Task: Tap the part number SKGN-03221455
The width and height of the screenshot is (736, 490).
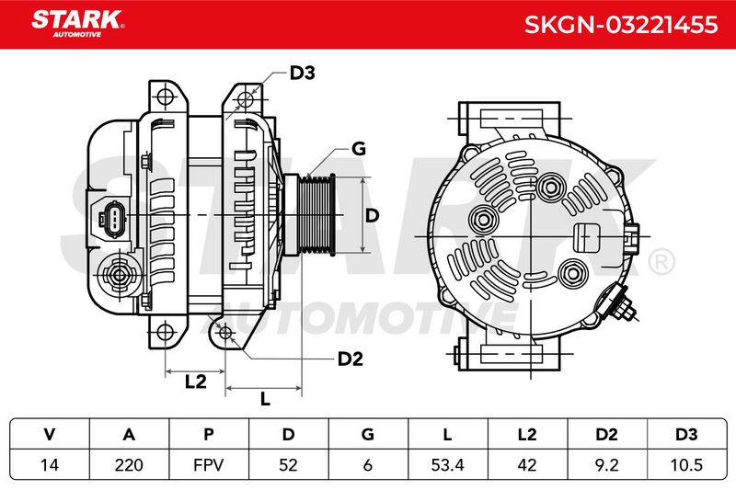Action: (620, 25)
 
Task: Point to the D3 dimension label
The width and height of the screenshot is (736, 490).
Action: (302, 73)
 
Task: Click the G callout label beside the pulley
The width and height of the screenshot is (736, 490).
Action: (358, 149)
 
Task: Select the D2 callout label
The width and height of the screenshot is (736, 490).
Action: (351, 359)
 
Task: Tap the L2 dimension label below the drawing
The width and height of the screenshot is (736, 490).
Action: (196, 382)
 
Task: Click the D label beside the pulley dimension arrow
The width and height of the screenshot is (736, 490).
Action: (372, 215)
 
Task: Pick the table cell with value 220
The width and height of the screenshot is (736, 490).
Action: (129, 464)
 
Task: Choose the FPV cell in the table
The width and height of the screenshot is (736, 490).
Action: (209, 464)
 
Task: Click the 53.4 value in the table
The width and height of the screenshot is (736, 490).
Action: (447, 464)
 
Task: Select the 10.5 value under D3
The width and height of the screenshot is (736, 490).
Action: (686, 464)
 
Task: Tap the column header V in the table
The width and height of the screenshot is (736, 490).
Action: (50, 434)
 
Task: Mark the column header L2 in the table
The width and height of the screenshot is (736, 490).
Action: (526, 434)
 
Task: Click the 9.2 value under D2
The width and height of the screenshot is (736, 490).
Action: (606, 464)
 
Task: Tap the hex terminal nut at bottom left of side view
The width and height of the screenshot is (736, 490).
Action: (119, 275)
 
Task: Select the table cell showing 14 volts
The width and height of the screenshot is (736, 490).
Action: (50, 464)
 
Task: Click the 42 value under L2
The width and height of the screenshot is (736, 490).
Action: (526, 464)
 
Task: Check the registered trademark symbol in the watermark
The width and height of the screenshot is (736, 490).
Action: (661, 262)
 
